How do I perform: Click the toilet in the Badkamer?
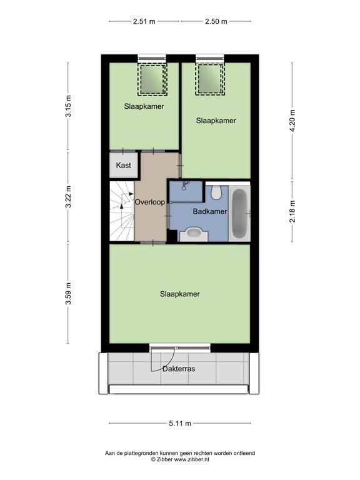(x=216, y=192)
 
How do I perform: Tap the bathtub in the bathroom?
(x=239, y=213)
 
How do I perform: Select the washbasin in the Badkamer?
(x=194, y=234)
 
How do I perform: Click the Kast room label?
(x=123, y=165)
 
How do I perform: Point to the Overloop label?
(x=150, y=202)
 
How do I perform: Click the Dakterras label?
(x=179, y=369)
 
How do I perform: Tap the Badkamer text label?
(x=210, y=211)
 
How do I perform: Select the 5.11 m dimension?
(x=180, y=423)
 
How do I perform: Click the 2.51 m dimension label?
(x=144, y=21)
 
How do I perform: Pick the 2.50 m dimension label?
(x=216, y=21)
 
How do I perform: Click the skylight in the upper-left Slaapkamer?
(x=152, y=79)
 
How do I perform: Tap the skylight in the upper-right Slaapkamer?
(x=210, y=79)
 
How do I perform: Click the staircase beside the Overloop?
(x=122, y=211)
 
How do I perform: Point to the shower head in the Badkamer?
(x=184, y=186)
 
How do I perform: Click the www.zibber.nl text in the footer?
(x=192, y=459)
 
